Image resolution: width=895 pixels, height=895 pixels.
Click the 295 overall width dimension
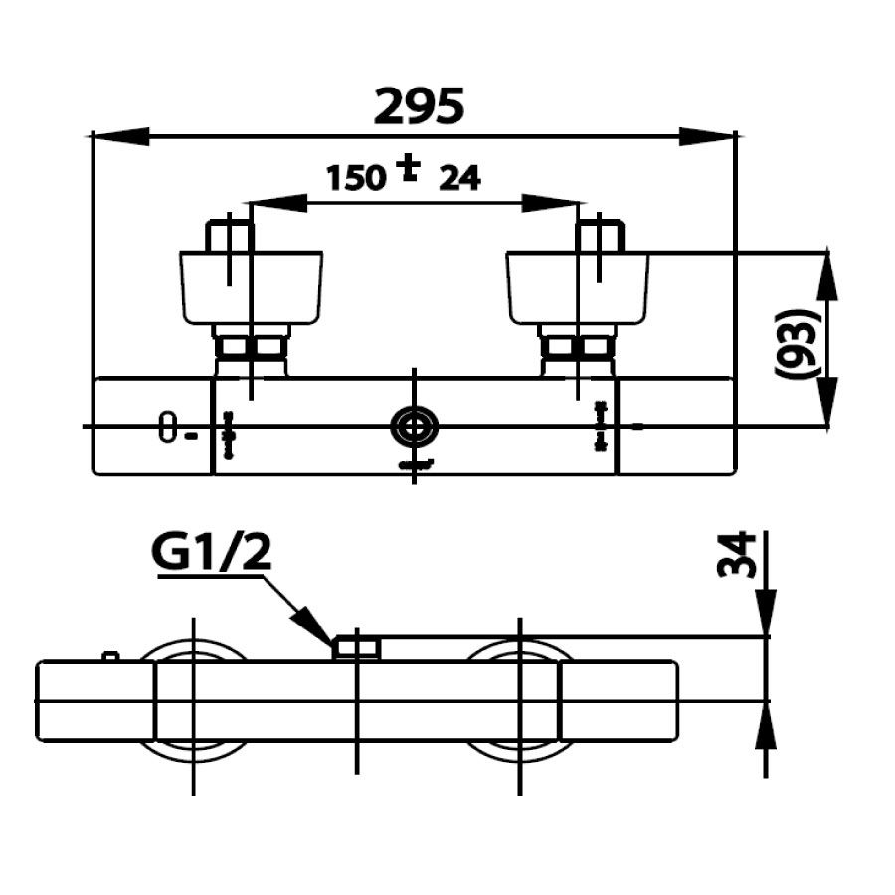point(419,105)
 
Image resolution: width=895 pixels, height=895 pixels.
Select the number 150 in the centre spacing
point(356,178)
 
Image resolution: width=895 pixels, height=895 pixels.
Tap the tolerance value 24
point(459,178)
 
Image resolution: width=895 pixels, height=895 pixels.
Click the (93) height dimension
point(798,343)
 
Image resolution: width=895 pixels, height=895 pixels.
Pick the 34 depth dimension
point(736,554)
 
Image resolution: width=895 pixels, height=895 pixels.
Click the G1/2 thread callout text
point(212,555)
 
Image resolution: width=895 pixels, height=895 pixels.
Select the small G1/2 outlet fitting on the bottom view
point(356,648)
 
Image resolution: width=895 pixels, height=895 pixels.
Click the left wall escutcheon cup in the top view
point(251,287)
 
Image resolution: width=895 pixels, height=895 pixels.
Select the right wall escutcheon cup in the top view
point(577,287)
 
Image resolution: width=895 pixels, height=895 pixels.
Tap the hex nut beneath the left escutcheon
point(252,347)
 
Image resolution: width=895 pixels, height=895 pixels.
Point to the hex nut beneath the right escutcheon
point(577,347)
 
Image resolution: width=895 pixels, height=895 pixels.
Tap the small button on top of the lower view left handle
point(111,656)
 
